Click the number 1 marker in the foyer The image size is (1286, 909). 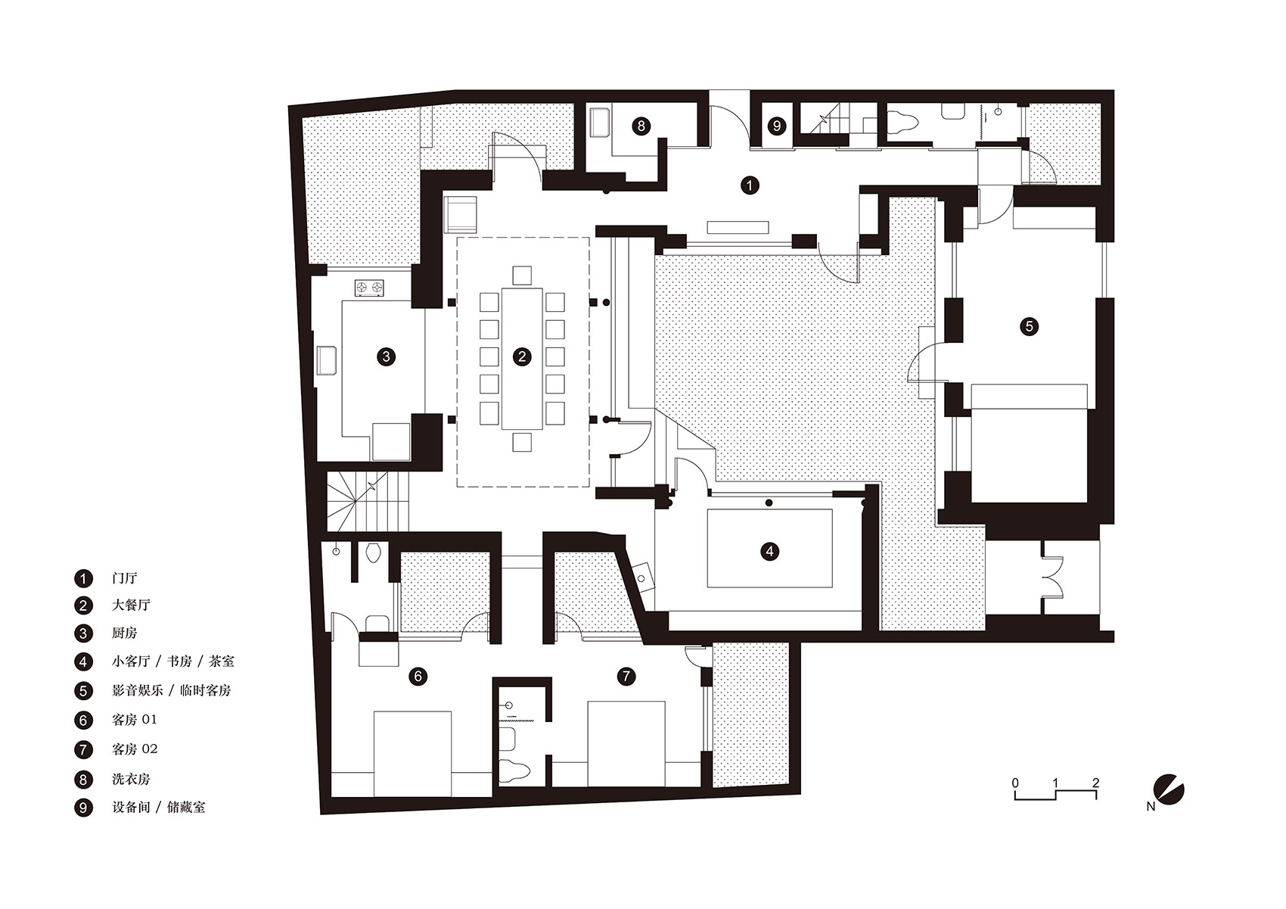[749, 185]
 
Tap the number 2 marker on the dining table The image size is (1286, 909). [522, 356]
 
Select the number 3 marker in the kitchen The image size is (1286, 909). [386, 356]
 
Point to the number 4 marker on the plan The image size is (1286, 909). [769, 551]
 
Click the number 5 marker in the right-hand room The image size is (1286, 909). [1029, 326]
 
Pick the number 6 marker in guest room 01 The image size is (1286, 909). [418, 676]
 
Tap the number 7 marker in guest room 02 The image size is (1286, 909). [626, 676]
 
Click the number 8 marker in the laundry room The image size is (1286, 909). [641, 126]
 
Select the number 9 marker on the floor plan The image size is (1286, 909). [777, 126]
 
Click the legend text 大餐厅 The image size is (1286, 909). [131, 605]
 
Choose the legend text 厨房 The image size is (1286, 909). [125, 633]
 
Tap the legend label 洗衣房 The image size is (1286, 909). [131, 779]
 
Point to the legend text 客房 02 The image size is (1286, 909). [135, 749]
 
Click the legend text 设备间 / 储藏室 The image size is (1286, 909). [159, 808]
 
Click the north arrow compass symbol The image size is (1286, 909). [1169, 790]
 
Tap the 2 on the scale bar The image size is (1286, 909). [1095, 783]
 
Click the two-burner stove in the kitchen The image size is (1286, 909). [369, 288]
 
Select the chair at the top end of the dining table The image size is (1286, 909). [522, 275]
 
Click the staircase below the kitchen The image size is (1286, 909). [368, 502]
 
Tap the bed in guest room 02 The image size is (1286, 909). [626, 743]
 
